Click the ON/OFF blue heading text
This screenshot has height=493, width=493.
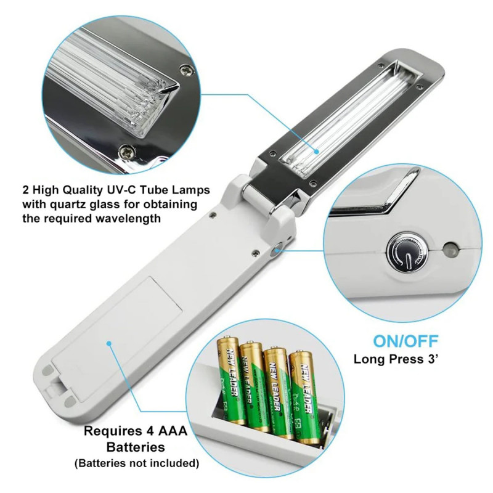405,341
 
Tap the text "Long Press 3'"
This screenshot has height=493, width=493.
396,359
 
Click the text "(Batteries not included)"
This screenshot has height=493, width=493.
137,463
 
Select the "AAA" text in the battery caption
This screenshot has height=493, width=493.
173,431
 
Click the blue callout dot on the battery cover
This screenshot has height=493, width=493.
109,343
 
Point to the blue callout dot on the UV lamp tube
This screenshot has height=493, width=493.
317,152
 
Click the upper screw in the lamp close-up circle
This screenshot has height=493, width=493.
186,70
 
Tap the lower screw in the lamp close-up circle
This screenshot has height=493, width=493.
127,152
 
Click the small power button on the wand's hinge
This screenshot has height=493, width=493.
277,249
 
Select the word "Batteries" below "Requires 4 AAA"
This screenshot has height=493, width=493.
136,447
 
